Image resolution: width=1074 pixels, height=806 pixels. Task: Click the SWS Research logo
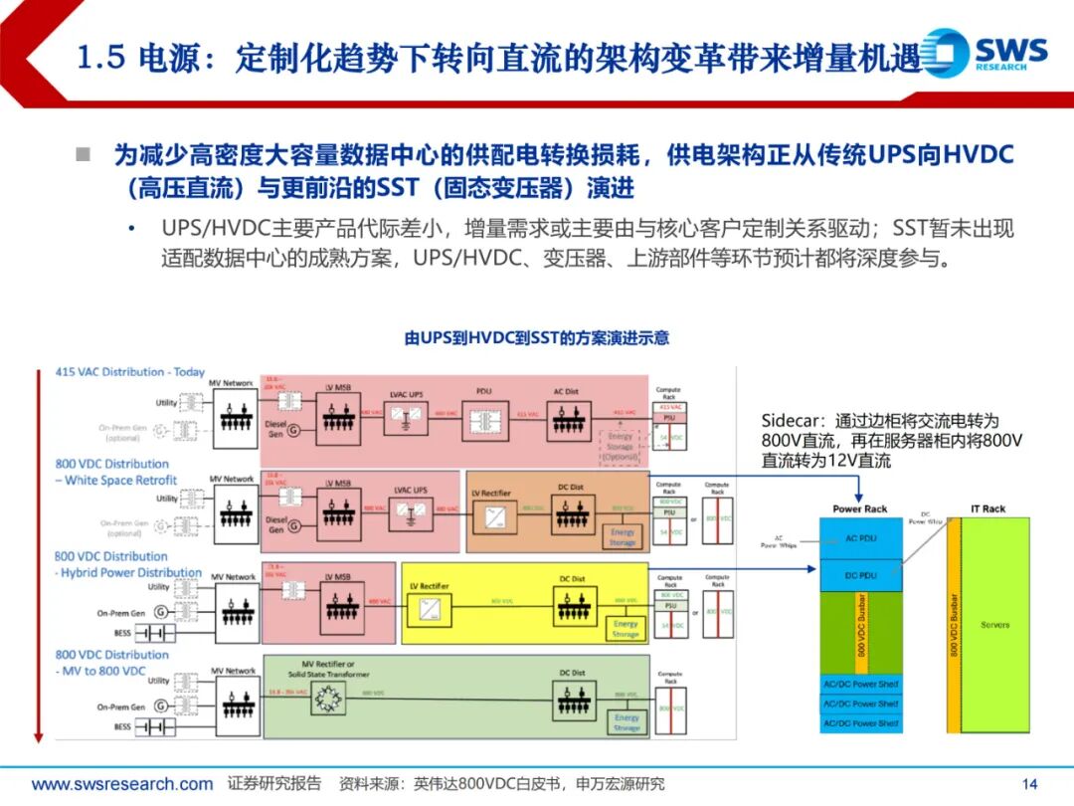click(x=984, y=52)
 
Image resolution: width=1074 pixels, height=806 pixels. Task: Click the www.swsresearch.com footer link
click(x=122, y=784)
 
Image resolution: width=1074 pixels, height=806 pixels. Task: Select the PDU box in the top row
click(x=483, y=416)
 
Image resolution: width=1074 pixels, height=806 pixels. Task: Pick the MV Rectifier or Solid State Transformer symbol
click(x=327, y=703)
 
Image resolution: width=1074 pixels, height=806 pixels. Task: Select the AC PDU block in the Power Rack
click(x=859, y=537)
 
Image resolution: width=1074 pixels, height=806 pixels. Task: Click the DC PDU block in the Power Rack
click(x=859, y=576)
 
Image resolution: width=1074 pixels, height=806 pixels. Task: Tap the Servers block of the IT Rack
click(x=994, y=625)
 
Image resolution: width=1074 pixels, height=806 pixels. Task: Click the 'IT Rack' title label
click(x=987, y=508)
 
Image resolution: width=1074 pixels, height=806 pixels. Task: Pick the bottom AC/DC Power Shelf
click(x=859, y=723)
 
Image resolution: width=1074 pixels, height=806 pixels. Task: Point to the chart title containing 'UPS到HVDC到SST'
click(x=536, y=338)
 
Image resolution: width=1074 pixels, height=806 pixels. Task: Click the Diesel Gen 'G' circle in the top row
click(x=294, y=430)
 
